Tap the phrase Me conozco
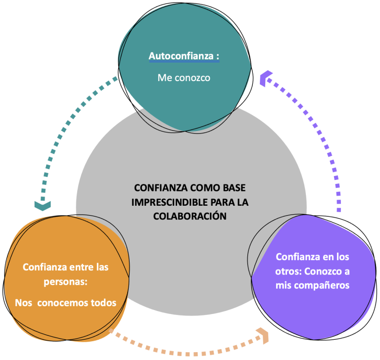coord(184,78)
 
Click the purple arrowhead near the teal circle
coord(267,76)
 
